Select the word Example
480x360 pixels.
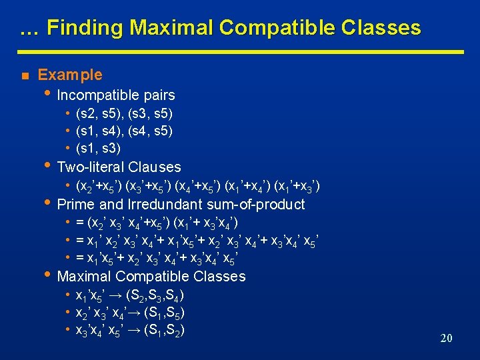point(70,75)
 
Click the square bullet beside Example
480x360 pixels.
point(23,75)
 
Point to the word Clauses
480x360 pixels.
point(155,167)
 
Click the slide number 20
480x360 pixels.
point(446,339)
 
